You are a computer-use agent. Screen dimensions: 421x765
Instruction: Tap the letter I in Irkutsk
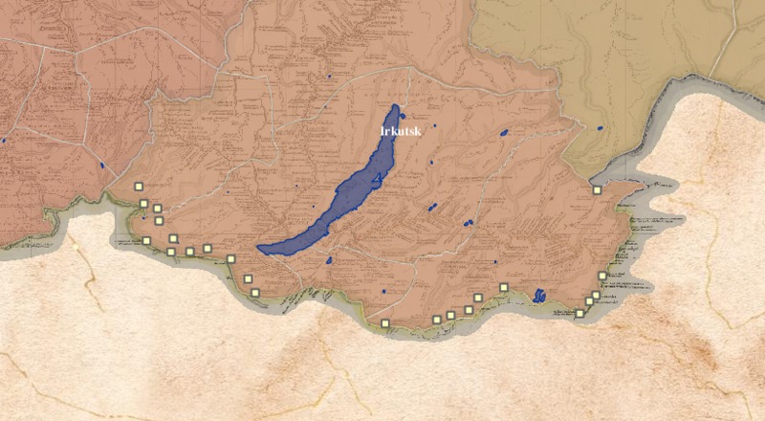382,131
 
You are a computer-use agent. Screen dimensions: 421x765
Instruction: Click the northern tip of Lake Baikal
396,106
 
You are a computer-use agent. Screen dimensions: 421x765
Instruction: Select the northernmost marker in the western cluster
138,188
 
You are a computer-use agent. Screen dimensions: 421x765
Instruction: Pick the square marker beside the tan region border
596,190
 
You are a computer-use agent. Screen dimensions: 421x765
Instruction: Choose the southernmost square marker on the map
384,324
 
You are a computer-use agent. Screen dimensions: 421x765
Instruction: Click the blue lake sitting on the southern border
539,295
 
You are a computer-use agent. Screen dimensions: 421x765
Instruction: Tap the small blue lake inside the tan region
600,126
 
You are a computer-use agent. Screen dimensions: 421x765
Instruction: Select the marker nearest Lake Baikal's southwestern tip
230,257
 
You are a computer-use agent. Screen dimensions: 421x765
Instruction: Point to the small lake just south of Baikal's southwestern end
328,259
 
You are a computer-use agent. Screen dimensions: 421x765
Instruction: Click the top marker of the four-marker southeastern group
602,277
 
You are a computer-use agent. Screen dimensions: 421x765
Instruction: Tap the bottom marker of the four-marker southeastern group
579,313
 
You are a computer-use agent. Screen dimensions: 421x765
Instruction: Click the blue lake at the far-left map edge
4,141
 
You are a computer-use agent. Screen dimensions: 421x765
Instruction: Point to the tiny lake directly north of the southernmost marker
382,290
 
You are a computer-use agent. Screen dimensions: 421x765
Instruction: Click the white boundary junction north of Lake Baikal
409,69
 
